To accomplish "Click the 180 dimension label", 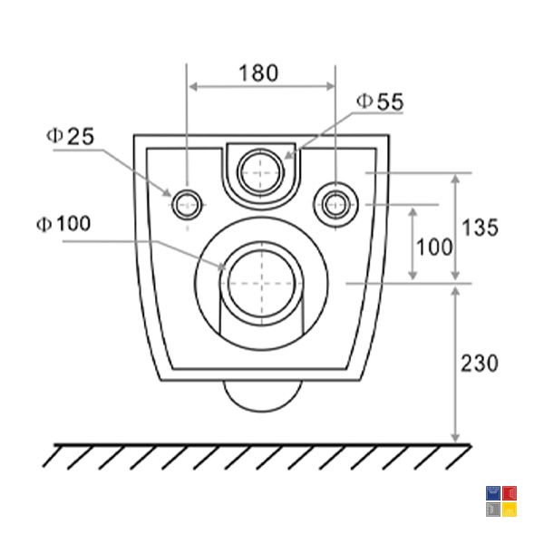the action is tap(258, 73).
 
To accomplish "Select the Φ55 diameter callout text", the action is tap(380, 102).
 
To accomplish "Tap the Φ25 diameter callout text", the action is tap(70, 136).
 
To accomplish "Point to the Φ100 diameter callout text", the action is tap(63, 223).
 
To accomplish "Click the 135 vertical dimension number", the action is tap(480, 228).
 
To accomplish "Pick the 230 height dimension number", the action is tap(479, 364).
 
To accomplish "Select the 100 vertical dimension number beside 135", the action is tap(434, 247).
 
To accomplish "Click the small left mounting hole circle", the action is tap(187, 205).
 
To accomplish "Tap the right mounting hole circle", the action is tap(335, 205).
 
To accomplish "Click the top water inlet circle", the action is tap(261, 172).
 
